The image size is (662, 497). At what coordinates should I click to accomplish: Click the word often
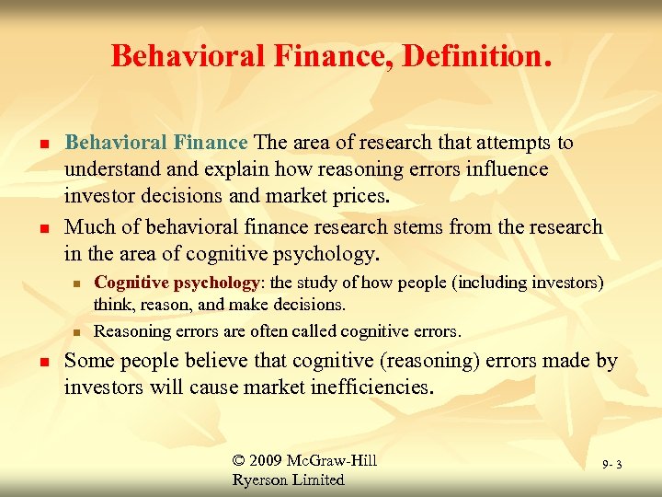pos(252,330)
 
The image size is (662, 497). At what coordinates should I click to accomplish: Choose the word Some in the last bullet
pos(88,362)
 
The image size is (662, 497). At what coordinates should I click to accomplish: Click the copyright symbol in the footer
pos(242,460)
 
